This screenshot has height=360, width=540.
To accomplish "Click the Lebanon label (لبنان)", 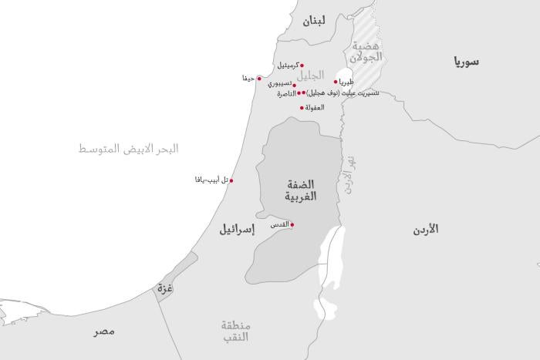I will pyautogui.click(x=314, y=21).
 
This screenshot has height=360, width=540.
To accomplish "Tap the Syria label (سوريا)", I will pyautogui.click(x=466, y=61).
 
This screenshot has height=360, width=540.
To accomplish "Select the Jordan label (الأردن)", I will pyautogui.click(x=424, y=230).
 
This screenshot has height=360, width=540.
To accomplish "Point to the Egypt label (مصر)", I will pyautogui.click(x=104, y=331).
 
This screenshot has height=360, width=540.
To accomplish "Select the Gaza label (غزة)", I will pyautogui.click(x=164, y=289).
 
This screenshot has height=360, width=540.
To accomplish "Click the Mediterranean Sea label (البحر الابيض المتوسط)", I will pyautogui.click(x=128, y=149).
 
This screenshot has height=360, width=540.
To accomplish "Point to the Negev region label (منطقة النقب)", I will pyautogui.click(x=236, y=331).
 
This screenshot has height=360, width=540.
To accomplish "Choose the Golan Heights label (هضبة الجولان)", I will pyautogui.click(x=366, y=52).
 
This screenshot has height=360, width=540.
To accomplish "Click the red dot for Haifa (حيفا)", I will pyautogui.click(x=259, y=79).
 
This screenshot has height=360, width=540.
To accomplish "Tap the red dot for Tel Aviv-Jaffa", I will pyautogui.click(x=231, y=181).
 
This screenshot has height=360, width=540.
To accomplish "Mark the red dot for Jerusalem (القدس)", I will pyautogui.click(x=292, y=224).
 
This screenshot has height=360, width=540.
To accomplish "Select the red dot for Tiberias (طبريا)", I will pyautogui.click(x=336, y=82).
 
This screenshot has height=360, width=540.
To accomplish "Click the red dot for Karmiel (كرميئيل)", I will pyautogui.click(x=302, y=66).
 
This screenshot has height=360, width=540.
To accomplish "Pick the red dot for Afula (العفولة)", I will pyautogui.click(x=301, y=107).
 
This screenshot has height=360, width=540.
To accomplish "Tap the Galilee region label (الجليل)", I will pyautogui.click(x=311, y=76).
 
